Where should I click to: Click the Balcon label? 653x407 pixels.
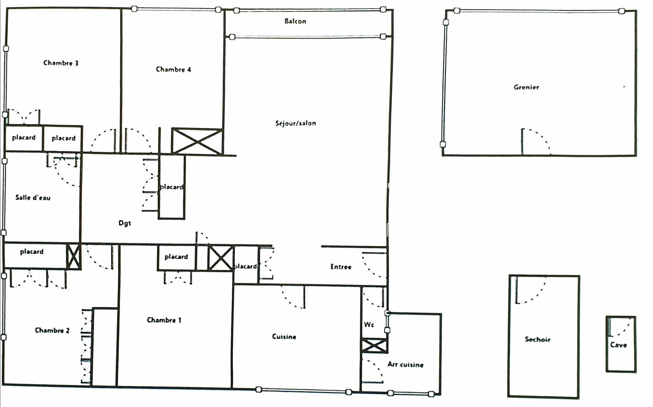tap(295, 21)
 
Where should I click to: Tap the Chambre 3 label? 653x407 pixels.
tap(61, 63)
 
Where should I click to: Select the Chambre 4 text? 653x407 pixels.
tap(173, 69)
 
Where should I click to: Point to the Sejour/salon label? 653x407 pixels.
tap(296, 123)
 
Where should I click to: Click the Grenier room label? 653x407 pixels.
tap(526, 87)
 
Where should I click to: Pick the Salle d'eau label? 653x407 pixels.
tap(33, 197)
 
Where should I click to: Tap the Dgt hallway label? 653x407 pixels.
tap(125, 223)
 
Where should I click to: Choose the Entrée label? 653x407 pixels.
tap(341, 267)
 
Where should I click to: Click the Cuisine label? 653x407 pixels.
tap(284, 337)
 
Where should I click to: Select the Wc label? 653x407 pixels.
tap(369, 325)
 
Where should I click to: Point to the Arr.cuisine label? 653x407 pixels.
tap(405, 364)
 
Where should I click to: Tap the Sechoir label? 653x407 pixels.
tap(537, 339)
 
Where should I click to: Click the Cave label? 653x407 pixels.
tap(619, 345)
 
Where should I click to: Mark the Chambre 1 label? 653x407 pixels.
tap(164, 320)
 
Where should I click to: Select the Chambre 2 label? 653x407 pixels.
tap(52, 330)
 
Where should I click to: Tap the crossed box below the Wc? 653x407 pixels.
tap(374, 346)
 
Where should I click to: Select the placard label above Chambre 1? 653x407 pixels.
tap(176, 257)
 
